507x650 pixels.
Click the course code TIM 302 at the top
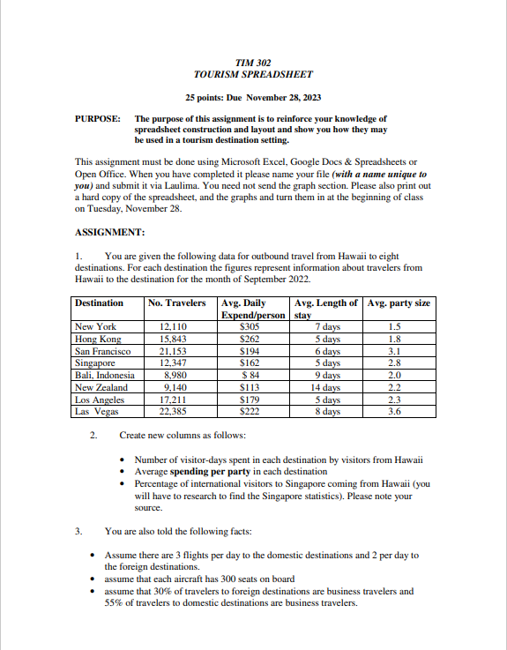(253, 64)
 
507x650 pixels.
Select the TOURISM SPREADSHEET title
(253, 75)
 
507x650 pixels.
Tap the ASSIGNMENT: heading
(110, 233)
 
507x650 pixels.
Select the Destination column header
(100, 303)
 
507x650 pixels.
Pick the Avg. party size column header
(399, 303)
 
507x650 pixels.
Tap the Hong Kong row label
(97, 338)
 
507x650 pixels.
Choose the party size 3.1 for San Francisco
(394, 350)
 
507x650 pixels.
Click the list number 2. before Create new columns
(93, 436)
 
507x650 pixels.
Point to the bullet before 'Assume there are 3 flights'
(94, 556)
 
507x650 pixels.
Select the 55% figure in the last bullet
(115, 603)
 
